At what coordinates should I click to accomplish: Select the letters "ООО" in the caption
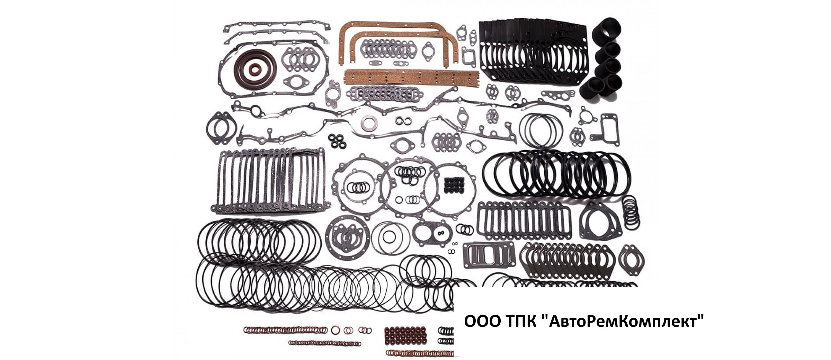480,321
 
